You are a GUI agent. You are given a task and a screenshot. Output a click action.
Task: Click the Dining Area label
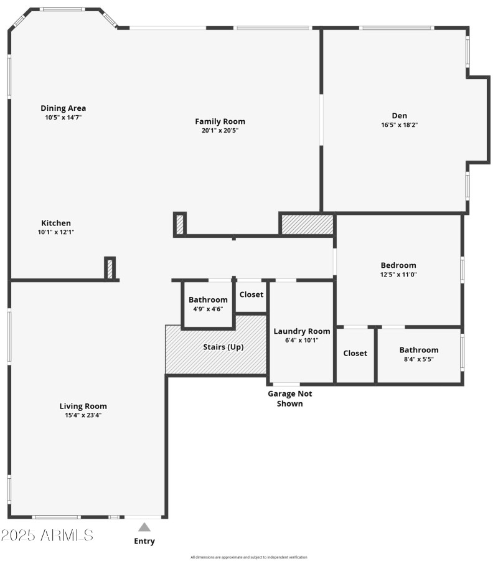(x=63, y=108)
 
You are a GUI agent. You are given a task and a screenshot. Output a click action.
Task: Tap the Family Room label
(x=220, y=121)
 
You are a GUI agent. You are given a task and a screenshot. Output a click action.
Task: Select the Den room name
(x=399, y=115)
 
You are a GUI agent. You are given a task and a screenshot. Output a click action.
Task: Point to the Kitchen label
(x=56, y=223)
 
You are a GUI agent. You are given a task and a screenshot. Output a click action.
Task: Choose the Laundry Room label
(x=302, y=331)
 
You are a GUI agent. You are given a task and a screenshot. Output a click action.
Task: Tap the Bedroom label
(x=398, y=265)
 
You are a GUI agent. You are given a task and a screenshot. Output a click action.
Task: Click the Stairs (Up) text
(x=223, y=347)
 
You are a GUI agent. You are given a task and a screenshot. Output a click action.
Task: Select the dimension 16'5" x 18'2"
(x=399, y=125)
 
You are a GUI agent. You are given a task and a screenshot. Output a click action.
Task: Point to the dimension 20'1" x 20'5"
(x=220, y=131)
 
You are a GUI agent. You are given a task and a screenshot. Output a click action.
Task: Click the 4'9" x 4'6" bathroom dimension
(x=208, y=309)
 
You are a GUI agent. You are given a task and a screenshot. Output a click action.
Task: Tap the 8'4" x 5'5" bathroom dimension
(x=419, y=359)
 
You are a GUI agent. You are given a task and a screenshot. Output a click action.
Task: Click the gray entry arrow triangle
(x=144, y=527)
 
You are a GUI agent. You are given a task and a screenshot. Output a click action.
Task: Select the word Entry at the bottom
(x=144, y=541)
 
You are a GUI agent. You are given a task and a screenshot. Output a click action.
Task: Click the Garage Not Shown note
(x=290, y=398)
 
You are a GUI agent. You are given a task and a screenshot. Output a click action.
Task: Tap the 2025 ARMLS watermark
(x=47, y=535)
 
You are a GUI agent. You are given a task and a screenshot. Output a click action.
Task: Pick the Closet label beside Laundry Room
(x=355, y=353)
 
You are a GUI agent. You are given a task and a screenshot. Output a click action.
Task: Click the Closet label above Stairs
(x=251, y=295)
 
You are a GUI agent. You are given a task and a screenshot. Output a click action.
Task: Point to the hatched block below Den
(x=308, y=225)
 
